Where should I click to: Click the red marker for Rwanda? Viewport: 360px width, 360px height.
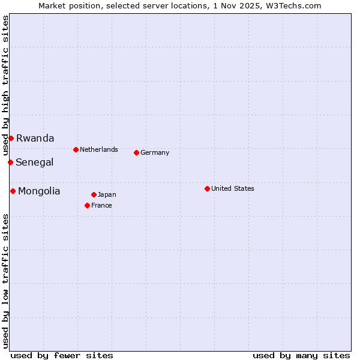click(x=11, y=138)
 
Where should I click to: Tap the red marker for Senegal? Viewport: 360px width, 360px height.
click(x=10, y=162)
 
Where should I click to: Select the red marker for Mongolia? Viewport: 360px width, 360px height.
click(x=13, y=191)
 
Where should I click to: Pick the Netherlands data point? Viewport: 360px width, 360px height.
click(x=76, y=149)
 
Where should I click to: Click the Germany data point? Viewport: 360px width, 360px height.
click(x=136, y=152)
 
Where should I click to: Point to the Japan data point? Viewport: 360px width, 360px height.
click(x=94, y=194)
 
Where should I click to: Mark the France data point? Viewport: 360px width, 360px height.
click(x=87, y=205)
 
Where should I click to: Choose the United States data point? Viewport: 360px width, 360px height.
click(x=207, y=188)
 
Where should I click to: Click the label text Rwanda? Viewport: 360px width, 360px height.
click(x=35, y=138)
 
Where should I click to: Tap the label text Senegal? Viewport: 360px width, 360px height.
click(x=34, y=162)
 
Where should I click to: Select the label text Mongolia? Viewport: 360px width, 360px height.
click(x=39, y=191)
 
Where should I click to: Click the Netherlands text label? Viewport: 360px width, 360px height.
click(x=99, y=149)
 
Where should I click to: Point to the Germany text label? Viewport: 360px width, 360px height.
click(x=155, y=152)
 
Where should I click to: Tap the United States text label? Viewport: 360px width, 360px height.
click(x=233, y=188)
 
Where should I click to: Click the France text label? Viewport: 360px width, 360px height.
click(x=101, y=205)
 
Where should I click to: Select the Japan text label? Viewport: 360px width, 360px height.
click(x=107, y=194)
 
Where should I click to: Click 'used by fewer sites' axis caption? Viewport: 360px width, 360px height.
click(x=62, y=355)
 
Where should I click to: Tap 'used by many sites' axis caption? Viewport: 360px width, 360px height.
click(x=301, y=355)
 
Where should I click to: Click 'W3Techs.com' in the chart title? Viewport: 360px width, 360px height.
click(x=295, y=5)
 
